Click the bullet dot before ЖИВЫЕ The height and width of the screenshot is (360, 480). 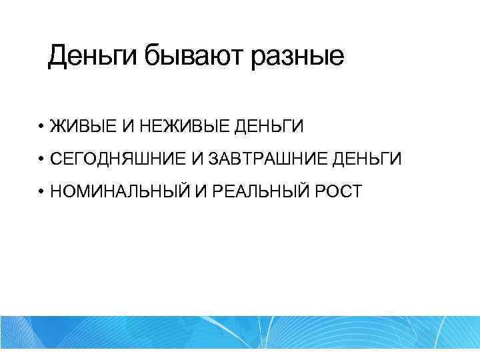[41, 125]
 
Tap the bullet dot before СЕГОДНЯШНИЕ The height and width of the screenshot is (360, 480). [41, 159]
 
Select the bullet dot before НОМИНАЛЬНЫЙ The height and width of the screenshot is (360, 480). [41, 192]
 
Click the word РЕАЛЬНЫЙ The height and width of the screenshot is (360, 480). [250, 192]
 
